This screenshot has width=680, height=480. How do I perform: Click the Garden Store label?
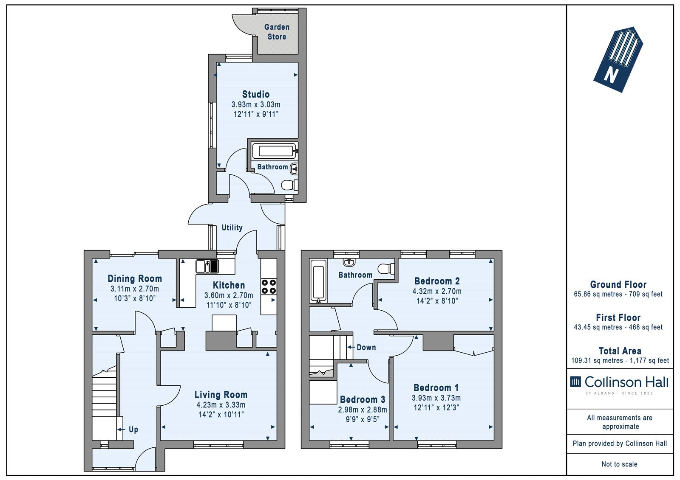277,32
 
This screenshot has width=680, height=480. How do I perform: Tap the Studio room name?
256,94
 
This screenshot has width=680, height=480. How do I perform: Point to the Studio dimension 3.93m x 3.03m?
256,104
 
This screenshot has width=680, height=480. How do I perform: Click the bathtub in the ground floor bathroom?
274,151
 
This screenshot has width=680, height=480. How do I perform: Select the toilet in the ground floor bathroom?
289,185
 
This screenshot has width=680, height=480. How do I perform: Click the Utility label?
232,227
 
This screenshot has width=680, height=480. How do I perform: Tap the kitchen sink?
207,266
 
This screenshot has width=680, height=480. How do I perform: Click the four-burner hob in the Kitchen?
269,286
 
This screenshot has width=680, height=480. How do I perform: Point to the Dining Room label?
135,279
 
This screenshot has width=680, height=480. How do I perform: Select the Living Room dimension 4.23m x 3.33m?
221,405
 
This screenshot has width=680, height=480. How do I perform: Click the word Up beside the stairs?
133,429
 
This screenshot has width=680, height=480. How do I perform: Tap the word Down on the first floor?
366,347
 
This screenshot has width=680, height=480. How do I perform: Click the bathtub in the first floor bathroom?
318,281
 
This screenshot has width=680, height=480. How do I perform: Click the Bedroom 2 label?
437,281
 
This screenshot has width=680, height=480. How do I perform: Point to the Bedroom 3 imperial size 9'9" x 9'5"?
363,419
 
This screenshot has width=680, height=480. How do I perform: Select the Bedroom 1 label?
436,387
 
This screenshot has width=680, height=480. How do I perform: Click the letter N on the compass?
611,74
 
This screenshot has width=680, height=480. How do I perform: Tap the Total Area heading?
620,351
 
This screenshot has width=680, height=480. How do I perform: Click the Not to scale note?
619,464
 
